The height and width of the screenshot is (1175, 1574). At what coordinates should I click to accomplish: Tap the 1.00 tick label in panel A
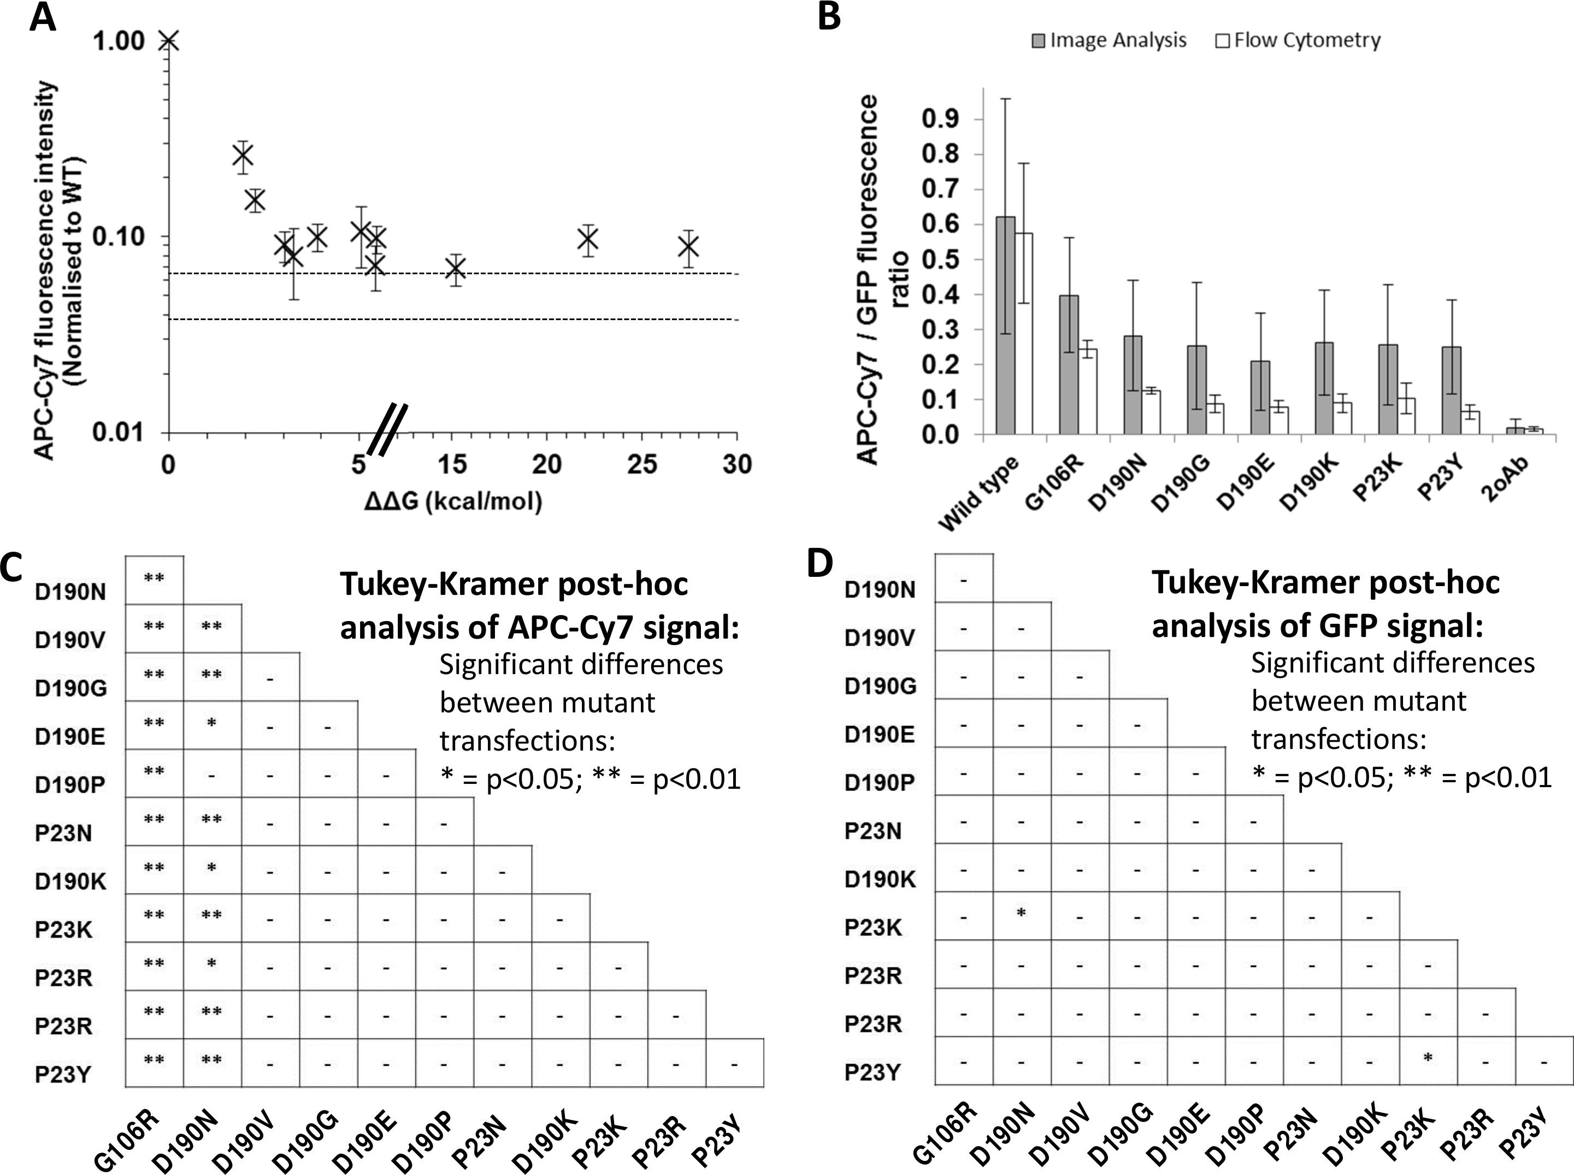[x=118, y=42]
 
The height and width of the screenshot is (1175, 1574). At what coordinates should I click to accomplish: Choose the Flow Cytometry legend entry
[x=1298, y=40]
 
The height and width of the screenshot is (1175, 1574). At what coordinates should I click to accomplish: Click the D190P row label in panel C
[x=70, y=784]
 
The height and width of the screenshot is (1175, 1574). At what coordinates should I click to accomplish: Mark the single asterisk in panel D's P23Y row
[x=1427, y=1058]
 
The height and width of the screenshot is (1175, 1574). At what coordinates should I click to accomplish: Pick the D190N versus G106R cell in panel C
[x=155, y=579]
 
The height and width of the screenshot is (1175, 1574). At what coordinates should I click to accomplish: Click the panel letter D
[x=820, y=565]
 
